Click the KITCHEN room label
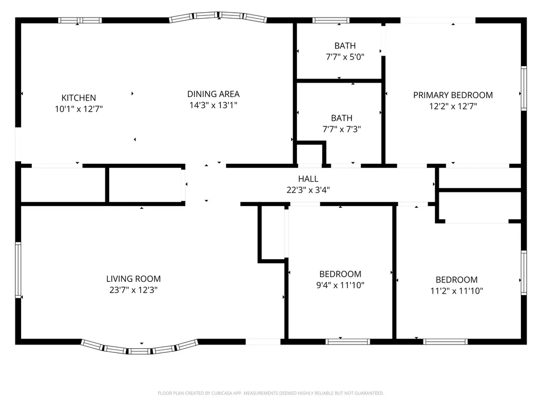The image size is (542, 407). click(79, 98)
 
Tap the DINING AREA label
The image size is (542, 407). click(213, 94)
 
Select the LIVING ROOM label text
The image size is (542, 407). click(133, 279)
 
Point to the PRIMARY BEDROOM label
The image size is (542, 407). click(453, 95)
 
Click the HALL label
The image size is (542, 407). click(308, 179)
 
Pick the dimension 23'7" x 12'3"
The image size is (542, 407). click(133, 290)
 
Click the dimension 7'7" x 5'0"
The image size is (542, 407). click(345, 57)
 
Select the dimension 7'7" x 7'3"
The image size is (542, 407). click(341, 129)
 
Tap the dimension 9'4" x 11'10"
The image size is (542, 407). click(340, 285)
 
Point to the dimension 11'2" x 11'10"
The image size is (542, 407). click(456, 291)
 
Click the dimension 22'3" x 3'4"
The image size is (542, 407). click(308, 190)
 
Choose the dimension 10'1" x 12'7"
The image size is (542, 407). click(79, 109)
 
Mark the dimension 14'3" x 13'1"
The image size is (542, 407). click(213, 105)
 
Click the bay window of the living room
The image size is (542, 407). click(140, 348)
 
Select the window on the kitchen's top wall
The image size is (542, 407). click(80, 21)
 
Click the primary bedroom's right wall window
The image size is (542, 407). click(523, 89)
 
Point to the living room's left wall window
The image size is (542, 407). click(18, 270)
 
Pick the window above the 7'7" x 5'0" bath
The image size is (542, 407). click(331, 21)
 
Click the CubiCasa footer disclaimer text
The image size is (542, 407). click(270, 393)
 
